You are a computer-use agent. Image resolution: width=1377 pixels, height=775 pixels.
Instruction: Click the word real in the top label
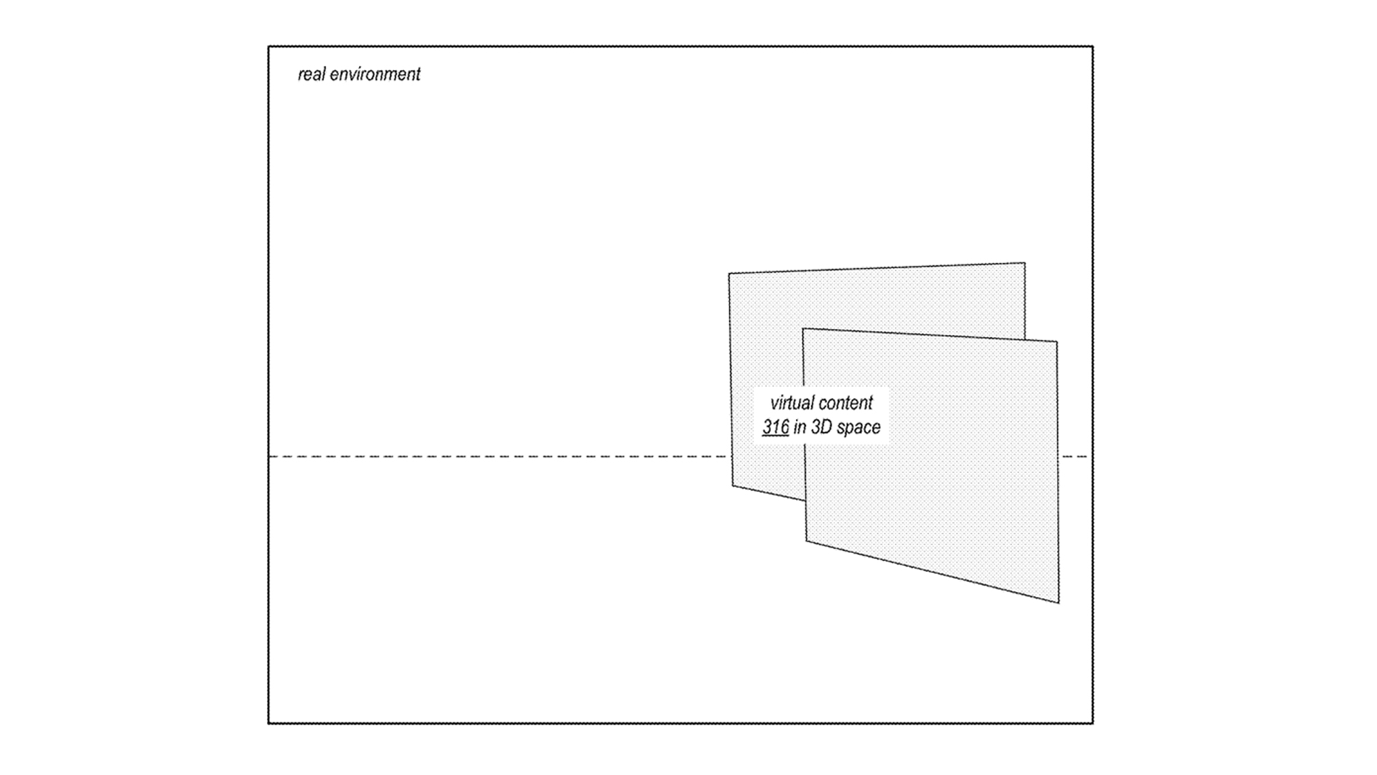[312, 74]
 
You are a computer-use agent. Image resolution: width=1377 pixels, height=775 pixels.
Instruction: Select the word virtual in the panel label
[791, 403]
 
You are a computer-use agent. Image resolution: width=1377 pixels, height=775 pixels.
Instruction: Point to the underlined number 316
[775, 427]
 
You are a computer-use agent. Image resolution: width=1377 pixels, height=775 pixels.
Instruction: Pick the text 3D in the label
[822, 427]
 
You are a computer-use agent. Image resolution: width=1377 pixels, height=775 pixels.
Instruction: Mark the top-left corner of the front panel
[803, 329]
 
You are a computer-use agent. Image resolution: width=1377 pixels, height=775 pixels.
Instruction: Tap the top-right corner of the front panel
[1057, 342]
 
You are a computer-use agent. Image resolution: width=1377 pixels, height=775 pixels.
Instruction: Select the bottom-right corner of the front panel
[1059, 603]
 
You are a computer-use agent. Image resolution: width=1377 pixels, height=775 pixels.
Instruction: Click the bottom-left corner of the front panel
[806, 541]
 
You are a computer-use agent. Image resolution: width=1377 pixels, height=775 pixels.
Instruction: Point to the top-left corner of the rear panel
[729, 273]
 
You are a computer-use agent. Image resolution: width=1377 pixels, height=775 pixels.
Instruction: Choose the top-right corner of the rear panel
[1025, 263]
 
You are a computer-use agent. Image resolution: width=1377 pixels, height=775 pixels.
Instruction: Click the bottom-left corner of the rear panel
[732, 486]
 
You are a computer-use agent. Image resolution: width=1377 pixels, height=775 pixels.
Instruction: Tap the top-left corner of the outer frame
[268, 46]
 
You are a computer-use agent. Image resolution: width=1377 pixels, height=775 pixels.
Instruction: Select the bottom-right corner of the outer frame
[1093, 723]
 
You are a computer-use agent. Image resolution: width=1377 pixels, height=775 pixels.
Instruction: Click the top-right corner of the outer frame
[1093, 46]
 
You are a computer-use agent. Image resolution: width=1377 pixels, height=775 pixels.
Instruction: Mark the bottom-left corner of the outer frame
[268, 723]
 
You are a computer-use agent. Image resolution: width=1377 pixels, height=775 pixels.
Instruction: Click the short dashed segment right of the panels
[1074, 457]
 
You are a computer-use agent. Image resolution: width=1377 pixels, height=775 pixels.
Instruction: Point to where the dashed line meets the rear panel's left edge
[732, 457]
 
